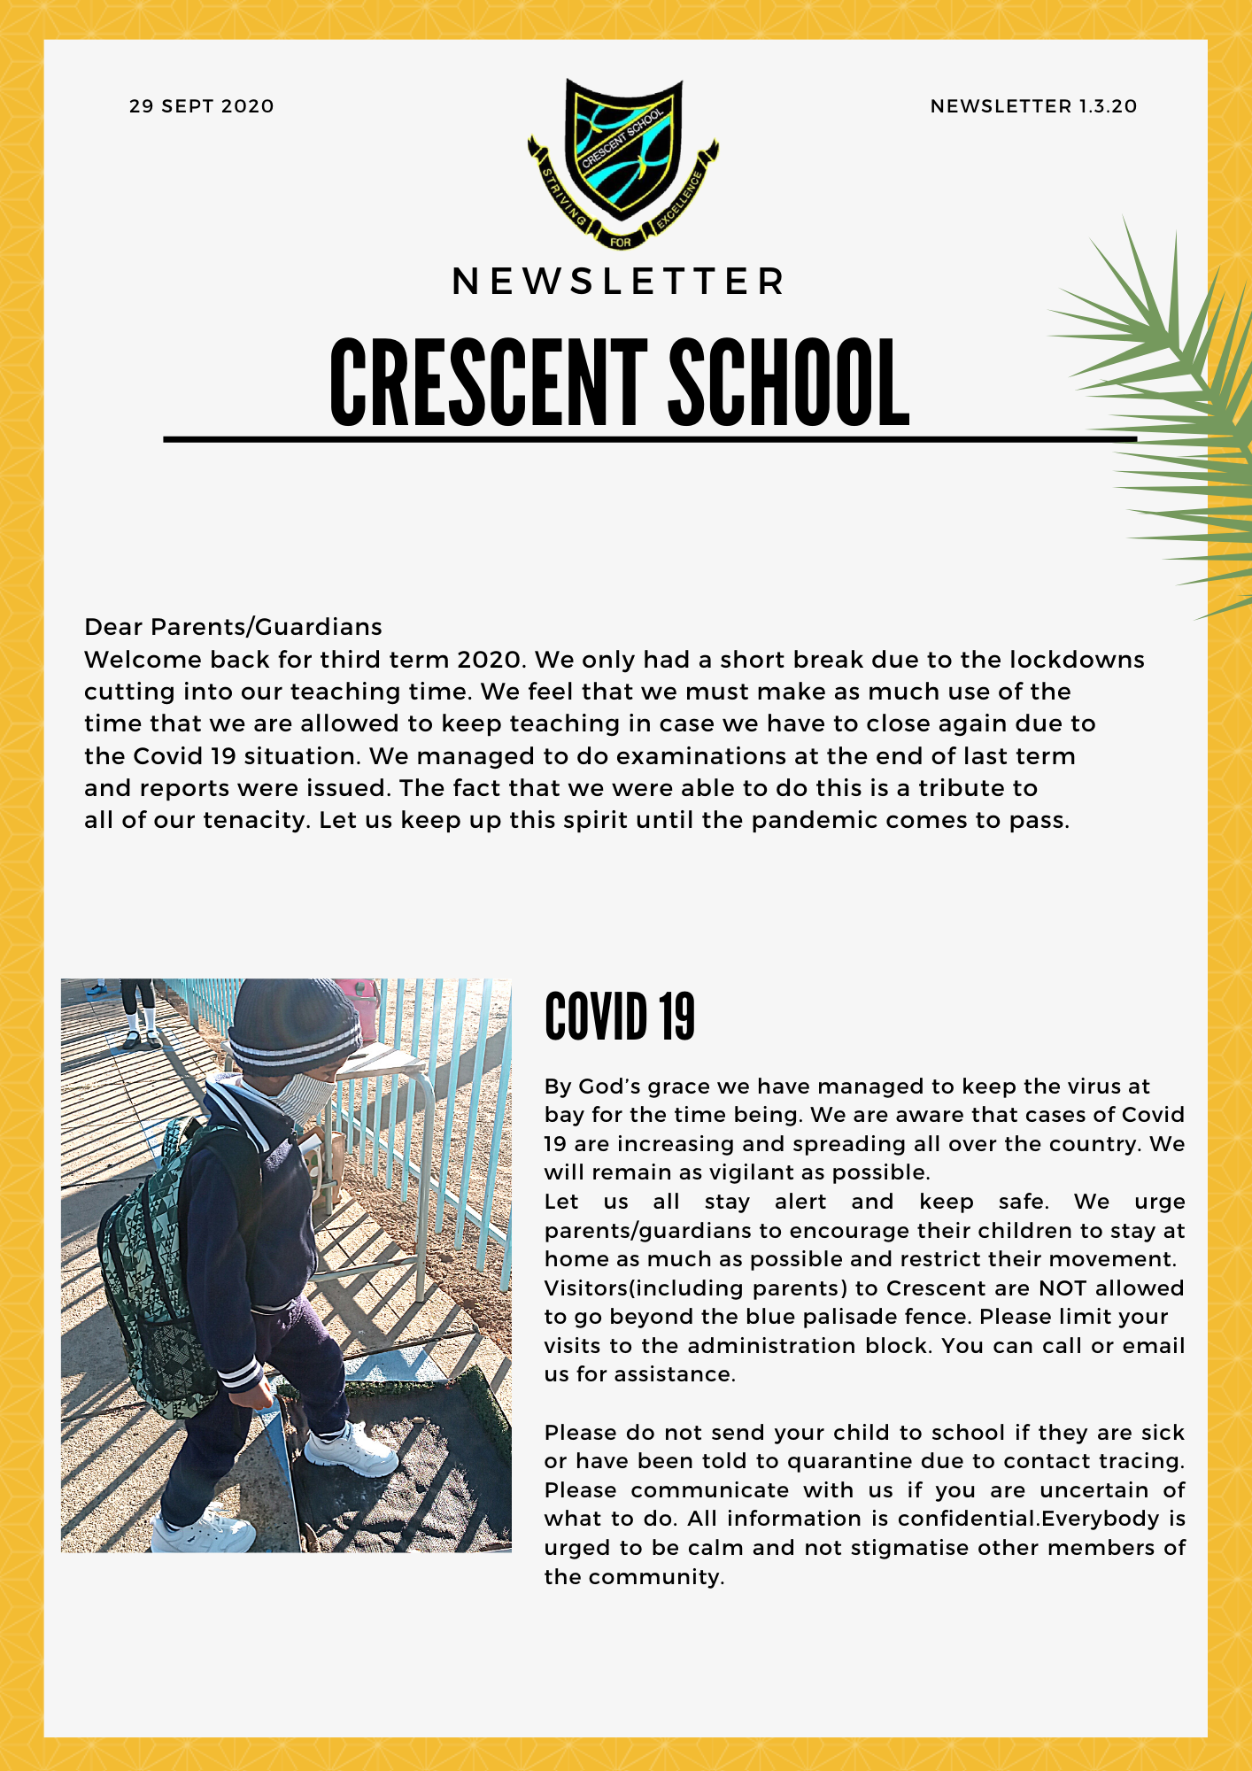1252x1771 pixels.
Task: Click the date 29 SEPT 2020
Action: pyautogui.click(x=201, y=106)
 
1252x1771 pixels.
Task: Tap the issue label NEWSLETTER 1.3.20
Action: pyautogui.click(x=1033, y=106)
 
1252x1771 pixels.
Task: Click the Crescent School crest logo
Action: pyautogui.click(x=623, y=159)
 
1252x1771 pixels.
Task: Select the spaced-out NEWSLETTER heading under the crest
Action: pyautogui.click(x=618, y=282)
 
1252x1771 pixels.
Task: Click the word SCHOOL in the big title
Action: pyautogui.click(x=788, y=383)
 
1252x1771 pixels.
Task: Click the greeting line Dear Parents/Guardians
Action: pyautogui.click(x=233, y=627)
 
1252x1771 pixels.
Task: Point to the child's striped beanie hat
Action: pyautogui.click(x=292, y=1027)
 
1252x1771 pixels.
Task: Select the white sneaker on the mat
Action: pyautogui.click(x=351, y=1449)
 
